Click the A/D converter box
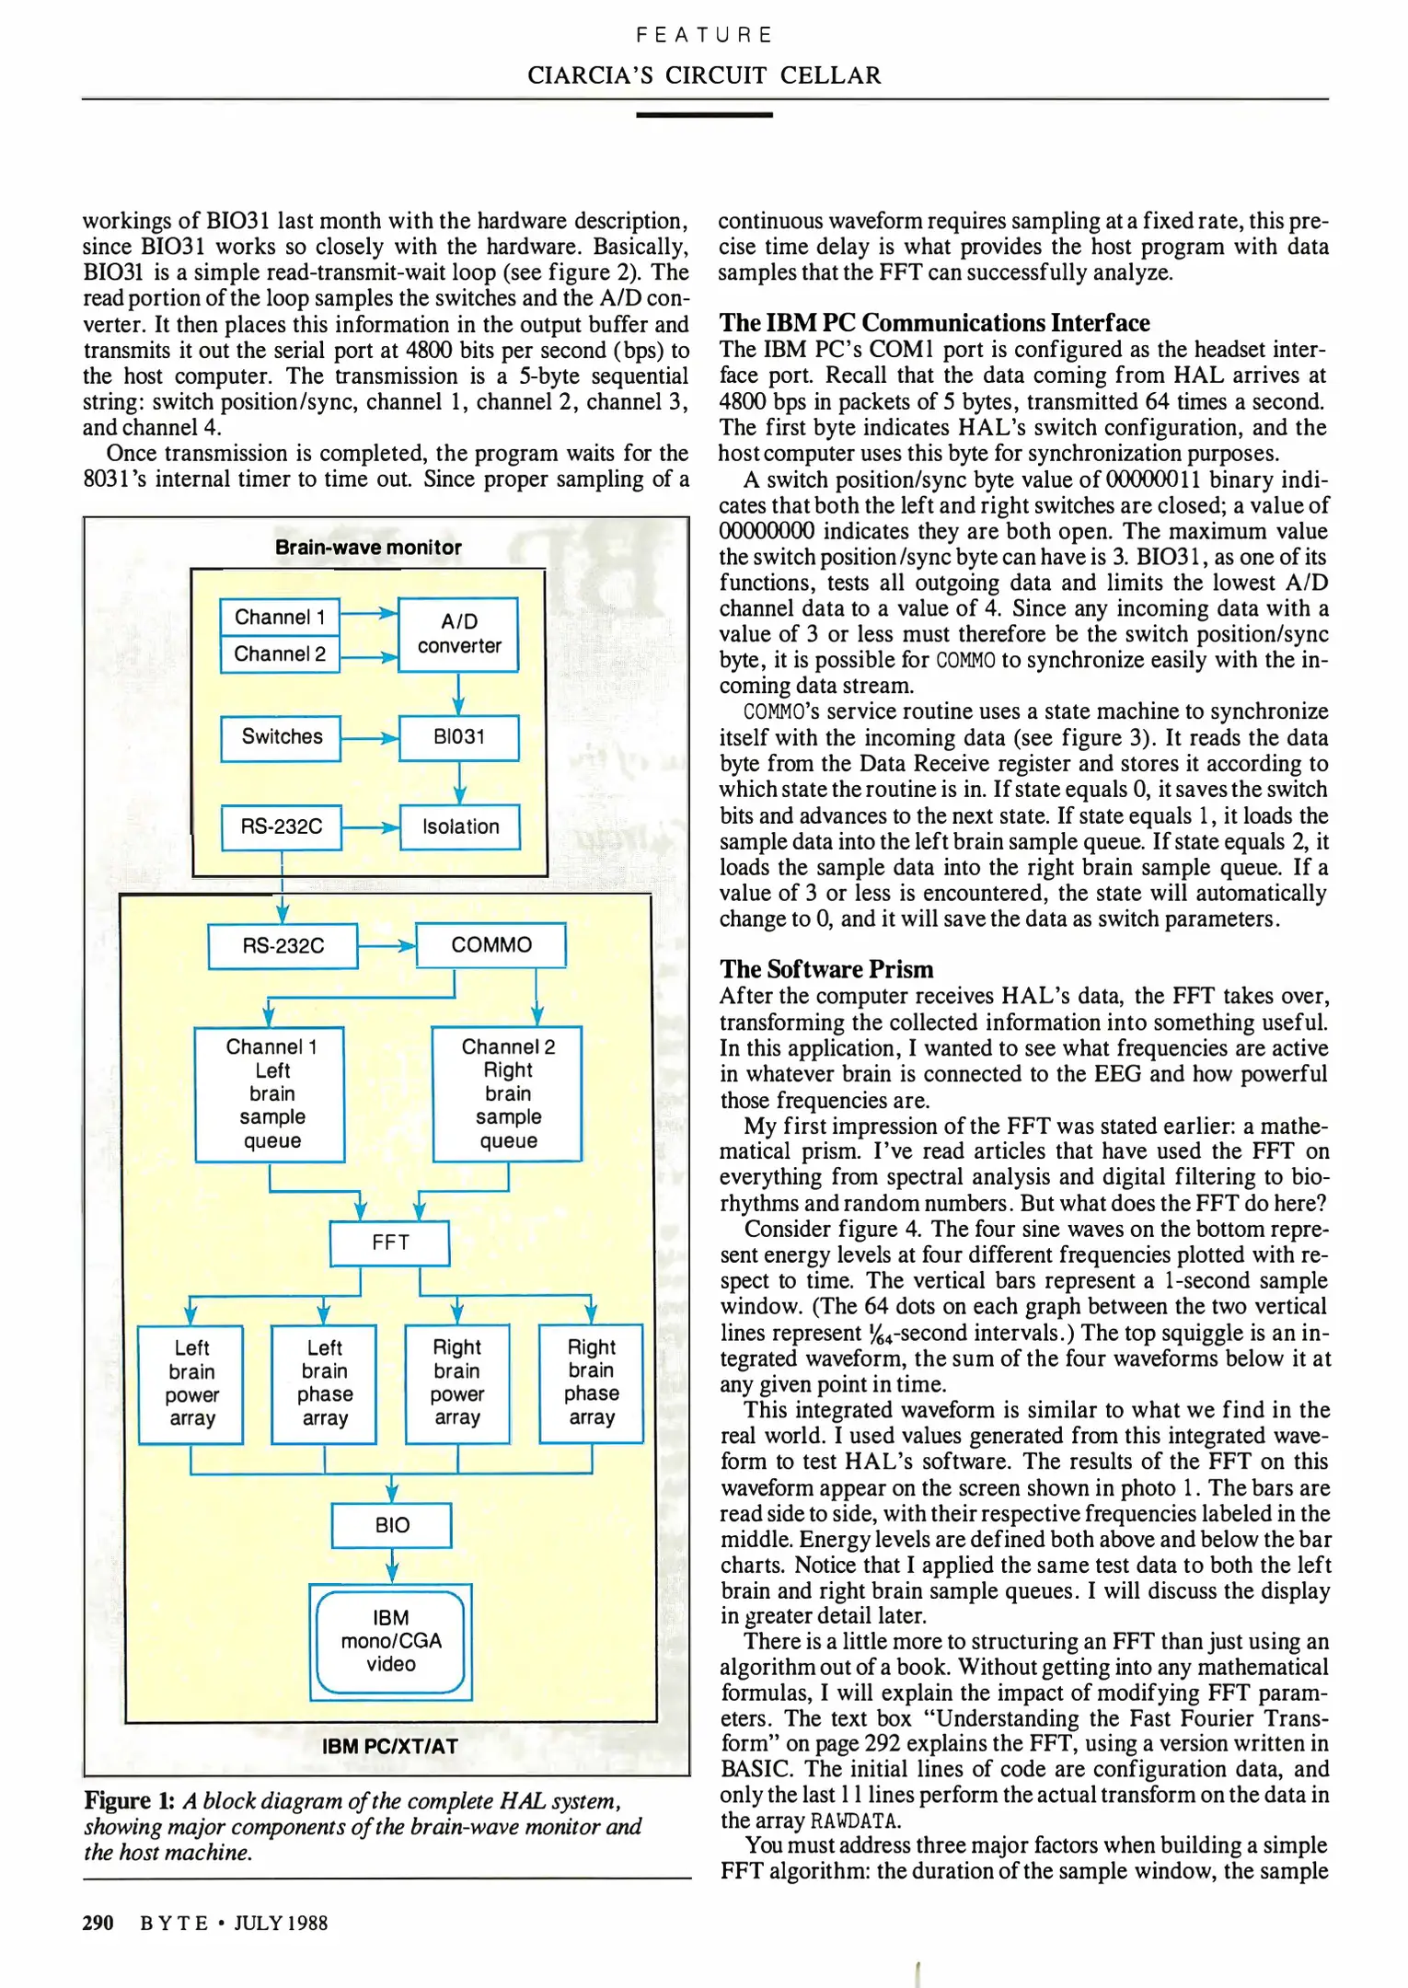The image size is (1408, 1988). tap(458, 634)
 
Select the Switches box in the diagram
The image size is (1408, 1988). tap(281, 737)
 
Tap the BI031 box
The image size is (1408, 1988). tap(458, 737)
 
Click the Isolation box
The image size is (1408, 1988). tap(460, 826)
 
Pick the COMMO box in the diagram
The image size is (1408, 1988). tap(490, 945)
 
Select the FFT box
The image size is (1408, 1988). tap(390, 1242)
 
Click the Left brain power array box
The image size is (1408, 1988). tap(191, 1383)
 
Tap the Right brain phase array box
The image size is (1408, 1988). tap(591, 1382)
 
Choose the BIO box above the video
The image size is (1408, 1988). tap(391, 1525)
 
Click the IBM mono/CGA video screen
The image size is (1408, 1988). tap(390, 1641)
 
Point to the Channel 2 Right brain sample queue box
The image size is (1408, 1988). tap(508, 1093)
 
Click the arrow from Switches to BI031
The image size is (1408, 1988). tap(369, 738)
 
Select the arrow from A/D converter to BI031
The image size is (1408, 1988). tap(458, 693)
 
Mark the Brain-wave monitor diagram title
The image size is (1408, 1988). tap(368, 548)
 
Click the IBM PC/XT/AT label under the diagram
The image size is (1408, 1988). tap(390, 1746)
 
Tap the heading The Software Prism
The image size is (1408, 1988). tap(826, 969)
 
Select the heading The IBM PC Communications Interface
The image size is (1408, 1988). tap(934, 323)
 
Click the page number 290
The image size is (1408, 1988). tap(98, 1923)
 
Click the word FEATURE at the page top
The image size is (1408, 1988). tap(704, 35)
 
